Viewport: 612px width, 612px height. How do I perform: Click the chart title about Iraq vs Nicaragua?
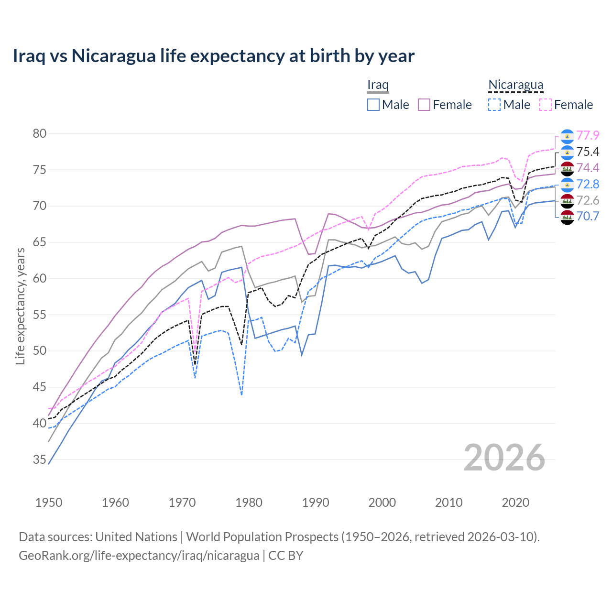tap(213, 56)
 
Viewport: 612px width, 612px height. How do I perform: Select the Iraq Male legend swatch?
tap(373, 105)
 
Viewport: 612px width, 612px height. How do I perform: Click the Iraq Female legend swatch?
tap(424, 105)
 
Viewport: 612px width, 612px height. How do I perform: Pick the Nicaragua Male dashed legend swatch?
tap(494, 105)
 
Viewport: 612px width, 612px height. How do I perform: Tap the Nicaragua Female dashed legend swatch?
tap(546, 105)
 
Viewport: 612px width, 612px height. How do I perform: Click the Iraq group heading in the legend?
tap(378, 85)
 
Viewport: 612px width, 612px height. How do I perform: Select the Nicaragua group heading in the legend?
tap(515, 85)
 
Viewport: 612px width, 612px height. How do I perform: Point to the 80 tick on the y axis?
tap(39, 134)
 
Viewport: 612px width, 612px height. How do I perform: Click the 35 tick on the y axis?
tap(39, 460)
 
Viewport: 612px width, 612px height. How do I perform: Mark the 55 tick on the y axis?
tap(39, 315)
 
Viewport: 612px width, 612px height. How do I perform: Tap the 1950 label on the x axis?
tap(49, 503)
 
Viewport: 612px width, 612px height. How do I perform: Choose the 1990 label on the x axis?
tap(316, 503)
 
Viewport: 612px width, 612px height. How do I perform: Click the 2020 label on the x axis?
tap(515, 503)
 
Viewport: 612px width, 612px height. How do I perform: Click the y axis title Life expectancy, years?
tap(20, 306)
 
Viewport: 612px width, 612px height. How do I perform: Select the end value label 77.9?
tap(588, 136)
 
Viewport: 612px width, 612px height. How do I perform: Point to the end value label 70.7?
tap(588, 216)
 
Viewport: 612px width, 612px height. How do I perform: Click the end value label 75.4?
tap(588, 152)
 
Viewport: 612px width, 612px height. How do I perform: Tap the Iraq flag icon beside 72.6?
tap(567, 201)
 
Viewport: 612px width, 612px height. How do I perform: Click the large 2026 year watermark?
tap(504, 458)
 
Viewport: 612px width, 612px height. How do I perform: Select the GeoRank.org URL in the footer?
tap(139, 556)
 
